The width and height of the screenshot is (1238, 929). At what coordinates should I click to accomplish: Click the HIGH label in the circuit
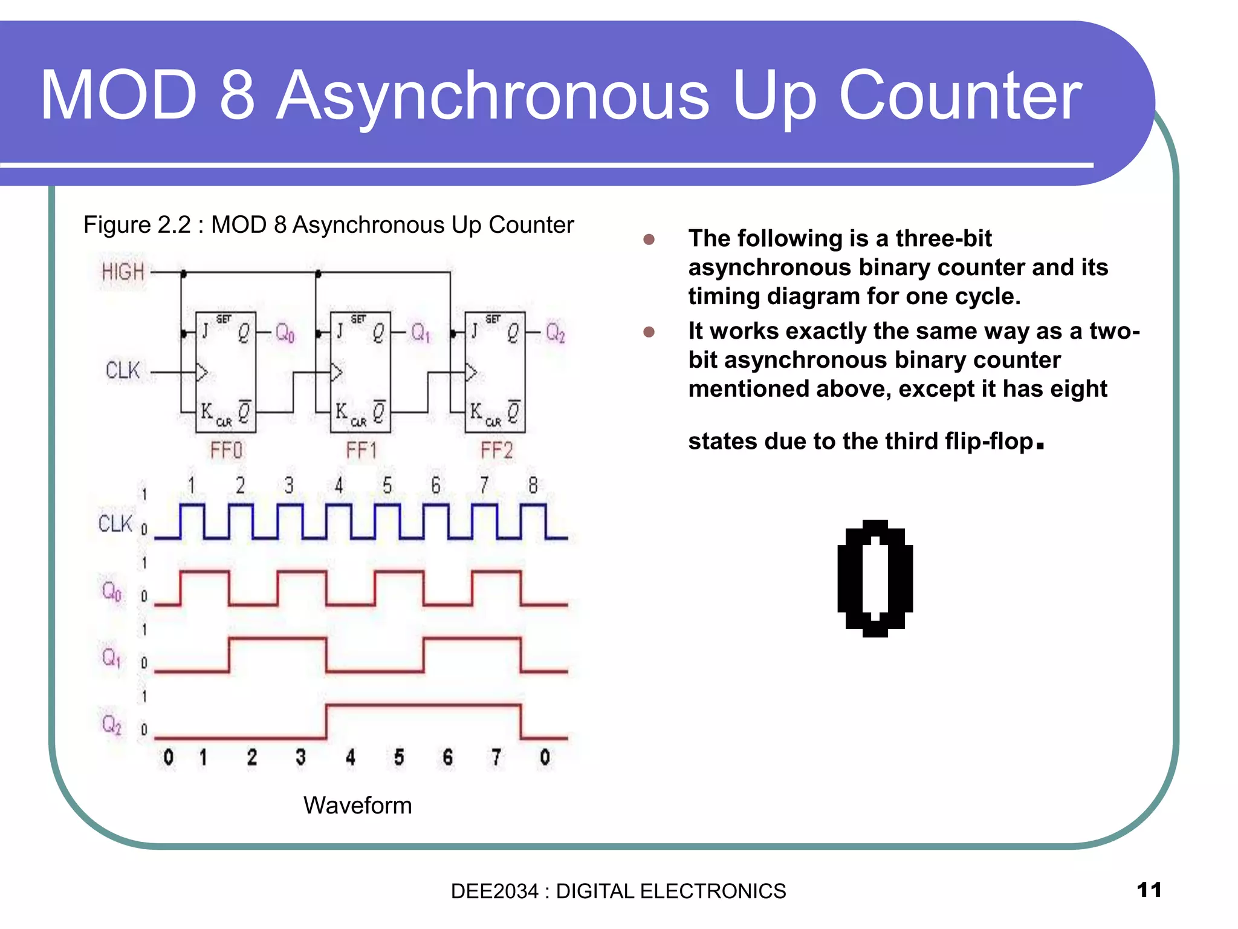(123, 272)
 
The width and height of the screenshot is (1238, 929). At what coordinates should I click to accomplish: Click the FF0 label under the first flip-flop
(226, 451)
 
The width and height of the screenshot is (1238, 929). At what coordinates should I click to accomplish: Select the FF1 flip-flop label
(361, 451)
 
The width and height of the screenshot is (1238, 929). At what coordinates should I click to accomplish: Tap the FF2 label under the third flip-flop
(496, 451)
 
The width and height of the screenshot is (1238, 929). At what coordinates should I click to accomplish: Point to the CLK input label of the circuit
(123, 370)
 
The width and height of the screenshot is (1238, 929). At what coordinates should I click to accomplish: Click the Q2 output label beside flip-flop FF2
(555, 333)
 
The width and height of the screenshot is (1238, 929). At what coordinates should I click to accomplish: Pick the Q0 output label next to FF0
(285, 333)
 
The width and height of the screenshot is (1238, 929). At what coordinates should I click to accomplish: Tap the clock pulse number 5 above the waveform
(387, 485)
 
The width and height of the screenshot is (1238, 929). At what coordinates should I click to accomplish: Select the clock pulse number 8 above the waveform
(533, 485)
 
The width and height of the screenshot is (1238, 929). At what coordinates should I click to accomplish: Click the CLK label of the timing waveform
(115, 524)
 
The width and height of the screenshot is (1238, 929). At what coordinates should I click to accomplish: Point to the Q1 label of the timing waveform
(111, 657)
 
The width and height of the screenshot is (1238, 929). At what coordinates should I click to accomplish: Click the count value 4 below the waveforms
(350, 757)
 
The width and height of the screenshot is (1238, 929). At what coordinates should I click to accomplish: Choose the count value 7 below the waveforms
(496, 757)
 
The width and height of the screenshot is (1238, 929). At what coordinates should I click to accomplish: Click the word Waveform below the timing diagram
(357, 806)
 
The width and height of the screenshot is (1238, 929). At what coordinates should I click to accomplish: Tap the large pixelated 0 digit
(875, 578)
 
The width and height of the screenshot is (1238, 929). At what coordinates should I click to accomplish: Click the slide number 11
(1149, 890)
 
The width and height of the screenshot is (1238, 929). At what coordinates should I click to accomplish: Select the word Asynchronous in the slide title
(493, 96)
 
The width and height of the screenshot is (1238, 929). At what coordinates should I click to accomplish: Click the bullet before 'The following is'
(649, 240)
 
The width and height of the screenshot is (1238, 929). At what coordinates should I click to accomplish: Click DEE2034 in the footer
(494, 892)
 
